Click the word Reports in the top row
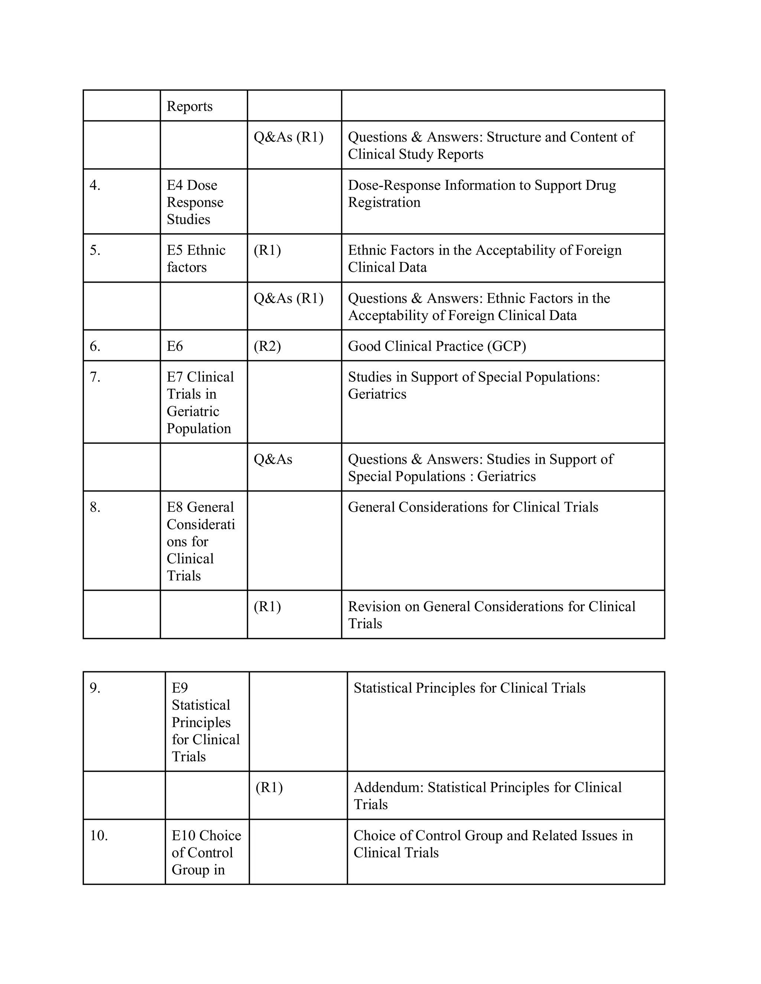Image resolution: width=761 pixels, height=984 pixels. [190, 106]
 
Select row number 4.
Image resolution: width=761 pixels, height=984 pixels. [95, 185]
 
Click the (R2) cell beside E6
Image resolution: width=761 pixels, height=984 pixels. [267, 346]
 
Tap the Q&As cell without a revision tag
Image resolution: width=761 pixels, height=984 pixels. [273, 460]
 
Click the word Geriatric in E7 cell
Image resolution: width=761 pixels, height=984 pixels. [192, 411]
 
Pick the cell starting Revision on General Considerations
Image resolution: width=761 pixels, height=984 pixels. [491, 615]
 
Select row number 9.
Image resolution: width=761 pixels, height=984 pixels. [95, 688]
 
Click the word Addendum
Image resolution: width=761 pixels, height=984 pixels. [388, 788]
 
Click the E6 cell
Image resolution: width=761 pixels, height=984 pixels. [175, 346]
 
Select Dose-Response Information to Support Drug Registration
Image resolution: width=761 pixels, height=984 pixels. [482, 194]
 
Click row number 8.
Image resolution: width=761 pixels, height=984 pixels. [95, 507]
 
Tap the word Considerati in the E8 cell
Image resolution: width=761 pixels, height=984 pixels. [201, 524]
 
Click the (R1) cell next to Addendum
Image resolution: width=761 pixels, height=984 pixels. [269, 788]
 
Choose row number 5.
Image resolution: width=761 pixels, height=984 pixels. [95, 250]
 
